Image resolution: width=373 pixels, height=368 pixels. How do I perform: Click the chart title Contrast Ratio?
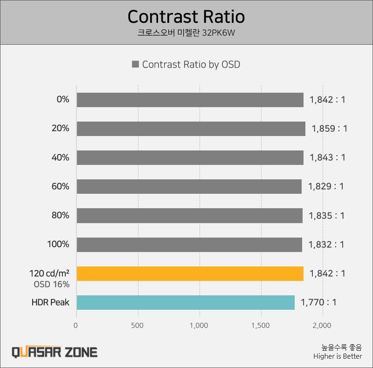[x=186, y=17]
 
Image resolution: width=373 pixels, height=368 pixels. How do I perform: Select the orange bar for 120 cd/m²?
[x=190, y=273]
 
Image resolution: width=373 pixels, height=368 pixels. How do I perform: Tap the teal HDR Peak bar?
[x=186, y=302]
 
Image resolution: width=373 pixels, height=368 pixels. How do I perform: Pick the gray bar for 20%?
[x=191, y=129]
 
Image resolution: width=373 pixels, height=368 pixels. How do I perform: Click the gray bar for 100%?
[x=189, y=245]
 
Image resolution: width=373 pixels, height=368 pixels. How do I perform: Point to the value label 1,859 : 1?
[x=329, y=129]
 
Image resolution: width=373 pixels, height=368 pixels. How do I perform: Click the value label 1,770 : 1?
[x=318, y=302]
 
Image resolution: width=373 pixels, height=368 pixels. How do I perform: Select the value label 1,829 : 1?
[x=325, y=187]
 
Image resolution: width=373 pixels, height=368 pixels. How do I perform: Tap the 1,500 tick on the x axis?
[x=261, y=326]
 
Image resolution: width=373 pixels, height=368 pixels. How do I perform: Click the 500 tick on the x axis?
[x=138, y=326]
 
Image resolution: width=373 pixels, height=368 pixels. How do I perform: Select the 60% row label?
[x=60, y=187]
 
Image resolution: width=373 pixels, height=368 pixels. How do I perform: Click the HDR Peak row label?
[x=50, y=302]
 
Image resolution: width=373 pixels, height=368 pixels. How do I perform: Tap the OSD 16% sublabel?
[x=51, y=284]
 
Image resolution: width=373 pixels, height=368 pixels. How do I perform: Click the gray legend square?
[x=136, y=65]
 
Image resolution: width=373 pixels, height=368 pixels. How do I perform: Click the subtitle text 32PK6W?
[x=219, y=33]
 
